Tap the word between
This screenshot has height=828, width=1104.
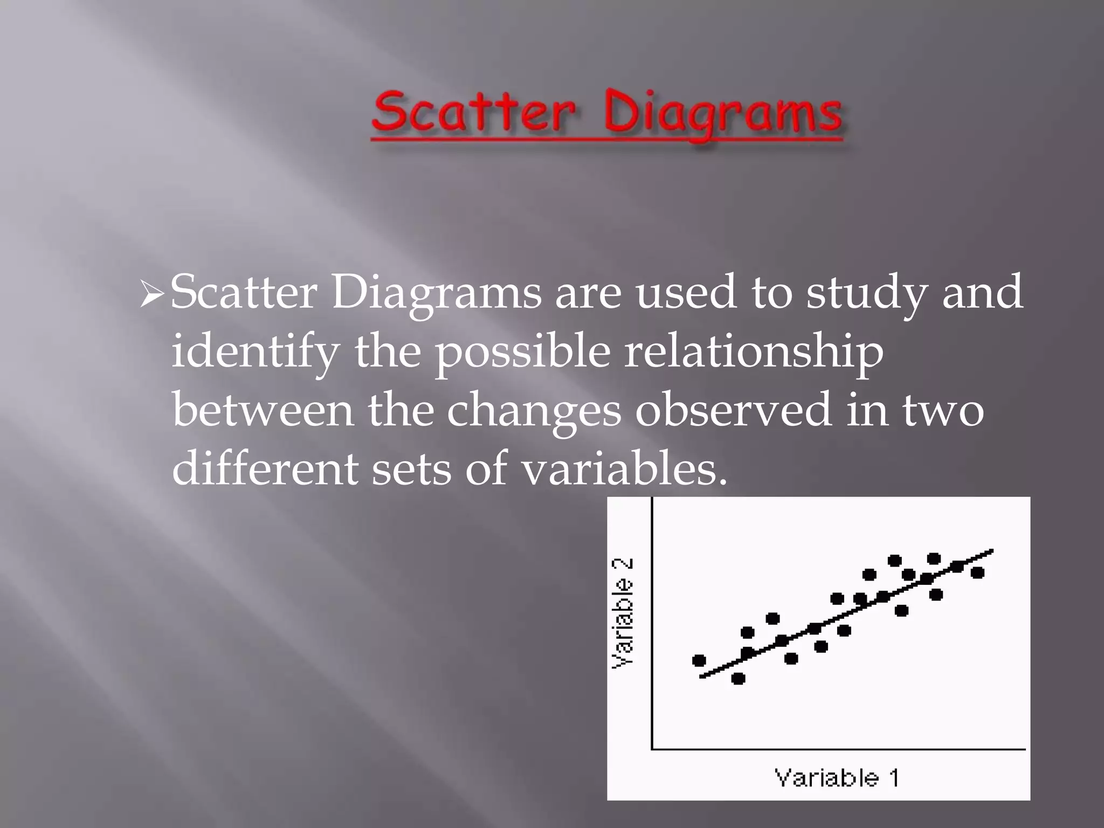point(263,410)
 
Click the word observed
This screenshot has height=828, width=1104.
point(733,410)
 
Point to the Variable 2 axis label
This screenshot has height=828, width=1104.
point(622,613)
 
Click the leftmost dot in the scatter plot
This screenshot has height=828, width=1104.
point(699,660)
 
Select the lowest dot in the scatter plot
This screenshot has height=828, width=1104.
point(738,678)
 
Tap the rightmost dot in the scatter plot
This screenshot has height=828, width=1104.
point(977,572)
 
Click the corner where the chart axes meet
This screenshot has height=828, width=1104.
point(652,749)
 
